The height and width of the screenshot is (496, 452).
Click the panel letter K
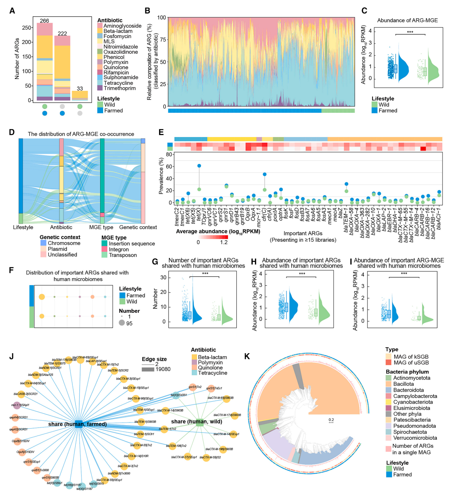pyautogui.click(x=247, y=356)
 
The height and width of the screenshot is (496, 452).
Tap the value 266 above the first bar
pyautogui.click(x=45, y=21)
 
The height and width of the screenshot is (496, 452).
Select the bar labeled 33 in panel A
pyautogui.click(x=80, y=96)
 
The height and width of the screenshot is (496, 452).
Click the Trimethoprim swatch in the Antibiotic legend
pyautogui.click(x=100, y=88)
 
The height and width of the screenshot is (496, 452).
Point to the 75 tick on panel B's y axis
pyautogui.click(x=162, y=40)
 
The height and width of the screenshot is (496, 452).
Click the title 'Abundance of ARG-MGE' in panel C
pyautogui.click(x=407, y=21)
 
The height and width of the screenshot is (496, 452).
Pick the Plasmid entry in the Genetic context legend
pyautogui.click(x=57, y=249)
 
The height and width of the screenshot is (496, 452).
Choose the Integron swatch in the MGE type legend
pyautogui.click(x=104, y=249)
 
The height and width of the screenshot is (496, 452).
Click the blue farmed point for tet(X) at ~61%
pyautogui.click(x=199, y=166)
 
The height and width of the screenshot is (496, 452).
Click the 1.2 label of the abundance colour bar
pyautogui.click(x=224, y=242)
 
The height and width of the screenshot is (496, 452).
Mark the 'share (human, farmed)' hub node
pyautogui.click(x=79, y=424)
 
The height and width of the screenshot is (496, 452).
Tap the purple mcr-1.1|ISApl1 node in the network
pyautogui.click(x=16, y=405)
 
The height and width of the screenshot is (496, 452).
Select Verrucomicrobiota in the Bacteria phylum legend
pyautogui.click(x=415, y=438)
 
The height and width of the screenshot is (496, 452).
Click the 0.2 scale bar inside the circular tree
pyautogui.click(x=331, y=420)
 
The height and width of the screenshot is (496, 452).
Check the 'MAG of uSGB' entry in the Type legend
pyautogui.click(x=411, y=362)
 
